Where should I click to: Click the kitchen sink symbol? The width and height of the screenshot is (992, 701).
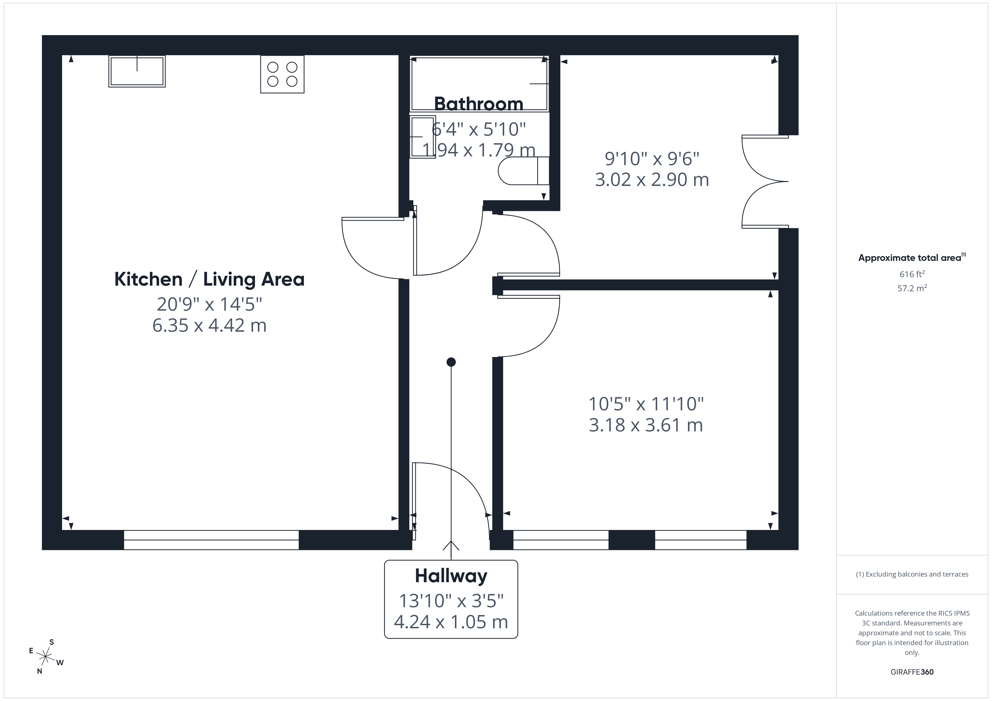137,71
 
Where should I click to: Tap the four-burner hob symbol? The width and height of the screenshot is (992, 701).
282,74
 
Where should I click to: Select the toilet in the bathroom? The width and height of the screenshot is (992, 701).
523,171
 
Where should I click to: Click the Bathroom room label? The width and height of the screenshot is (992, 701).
478,104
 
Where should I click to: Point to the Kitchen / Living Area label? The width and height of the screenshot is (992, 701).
209,279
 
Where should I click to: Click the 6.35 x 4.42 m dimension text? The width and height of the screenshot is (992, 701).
209,325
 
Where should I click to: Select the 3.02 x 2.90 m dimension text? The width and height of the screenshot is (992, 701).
651,179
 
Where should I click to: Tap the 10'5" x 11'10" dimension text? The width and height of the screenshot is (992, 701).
646,404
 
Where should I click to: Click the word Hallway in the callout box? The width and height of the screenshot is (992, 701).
451,575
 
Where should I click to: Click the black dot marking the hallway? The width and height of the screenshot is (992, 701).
451,362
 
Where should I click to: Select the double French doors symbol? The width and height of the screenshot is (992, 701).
764,181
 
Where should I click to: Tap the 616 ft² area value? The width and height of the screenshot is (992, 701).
912,274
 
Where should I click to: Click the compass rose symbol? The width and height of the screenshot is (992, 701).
45,657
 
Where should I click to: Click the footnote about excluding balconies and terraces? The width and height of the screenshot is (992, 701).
912,574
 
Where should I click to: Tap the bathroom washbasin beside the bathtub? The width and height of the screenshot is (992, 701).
423,137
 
